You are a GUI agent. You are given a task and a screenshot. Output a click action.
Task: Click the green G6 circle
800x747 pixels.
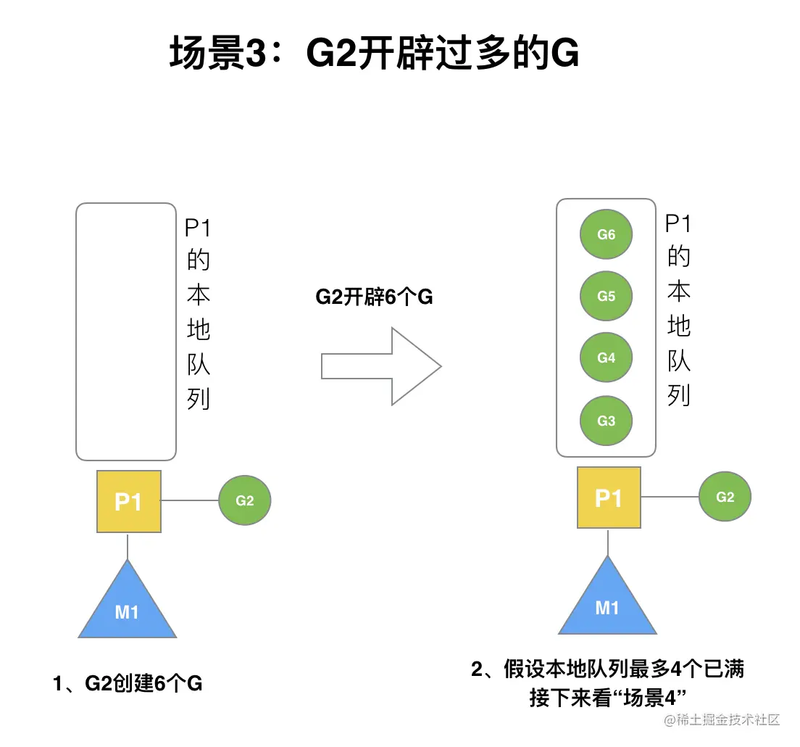(x=606, y=234)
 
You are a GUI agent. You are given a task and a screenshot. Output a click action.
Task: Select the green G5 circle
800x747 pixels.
(x=606, y=296)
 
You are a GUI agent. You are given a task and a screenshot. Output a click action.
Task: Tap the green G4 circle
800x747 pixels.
(x=606, y=358)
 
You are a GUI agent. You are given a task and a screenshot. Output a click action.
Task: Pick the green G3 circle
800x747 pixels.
(x=606, y=421)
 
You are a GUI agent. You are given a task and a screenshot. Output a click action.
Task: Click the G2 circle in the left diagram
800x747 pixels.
(x=245, y=500)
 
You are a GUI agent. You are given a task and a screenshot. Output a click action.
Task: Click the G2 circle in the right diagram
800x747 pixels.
(x=725, y=497)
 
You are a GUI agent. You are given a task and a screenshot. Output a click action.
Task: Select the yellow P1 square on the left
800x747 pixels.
(x=128, y=501)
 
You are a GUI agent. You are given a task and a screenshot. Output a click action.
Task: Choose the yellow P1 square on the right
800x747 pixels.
(x=609, y=498)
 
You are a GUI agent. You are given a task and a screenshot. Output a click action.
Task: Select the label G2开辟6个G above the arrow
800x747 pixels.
(x=374, y=297)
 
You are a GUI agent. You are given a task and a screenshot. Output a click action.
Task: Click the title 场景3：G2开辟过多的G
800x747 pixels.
(x=374, y=55)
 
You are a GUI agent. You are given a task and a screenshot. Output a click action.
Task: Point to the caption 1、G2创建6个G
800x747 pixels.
(x=128, y=683)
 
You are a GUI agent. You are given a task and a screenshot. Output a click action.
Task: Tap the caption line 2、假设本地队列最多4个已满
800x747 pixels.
(x=607, y=669)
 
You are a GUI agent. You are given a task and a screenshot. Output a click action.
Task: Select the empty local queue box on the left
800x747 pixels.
(x=126, y=331)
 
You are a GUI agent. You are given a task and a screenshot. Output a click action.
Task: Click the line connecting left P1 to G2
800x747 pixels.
(x=190, y=500)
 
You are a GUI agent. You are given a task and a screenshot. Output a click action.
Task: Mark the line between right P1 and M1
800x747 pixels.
(x=608, y=542)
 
